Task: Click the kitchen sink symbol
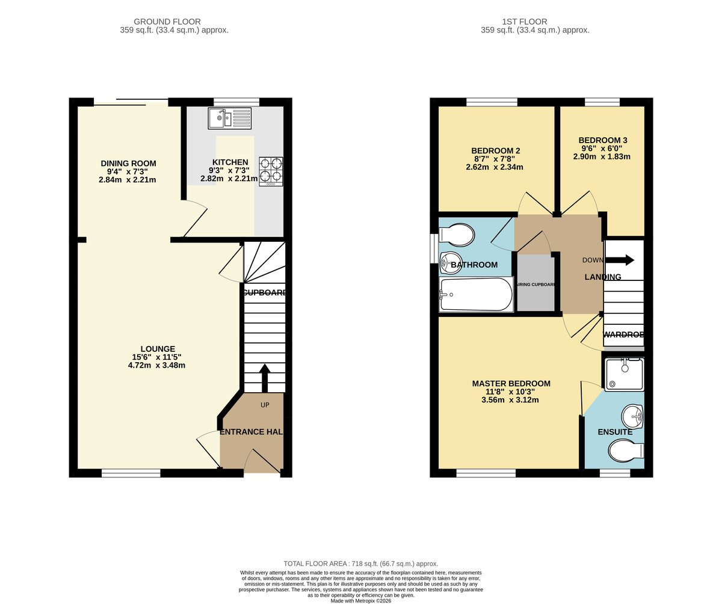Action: point(229,118)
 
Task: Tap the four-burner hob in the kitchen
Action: point(271,171)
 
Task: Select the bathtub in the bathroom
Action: point(476,295)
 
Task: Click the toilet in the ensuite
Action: point(626,450)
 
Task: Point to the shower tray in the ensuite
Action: point(624,374)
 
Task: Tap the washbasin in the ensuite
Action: point(632,414)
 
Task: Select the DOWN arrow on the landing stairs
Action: point(619,260)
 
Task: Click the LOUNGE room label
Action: point(158,349)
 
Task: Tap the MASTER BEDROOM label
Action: point(511,384)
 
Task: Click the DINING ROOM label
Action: point(128,163)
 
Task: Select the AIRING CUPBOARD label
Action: point(535,285)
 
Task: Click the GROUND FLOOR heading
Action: point(167,22)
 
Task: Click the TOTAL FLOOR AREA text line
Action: point(360,564)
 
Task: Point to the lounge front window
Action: point(131,473)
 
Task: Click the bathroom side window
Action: point(433,248)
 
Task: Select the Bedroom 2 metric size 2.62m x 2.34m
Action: point(494,167)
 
